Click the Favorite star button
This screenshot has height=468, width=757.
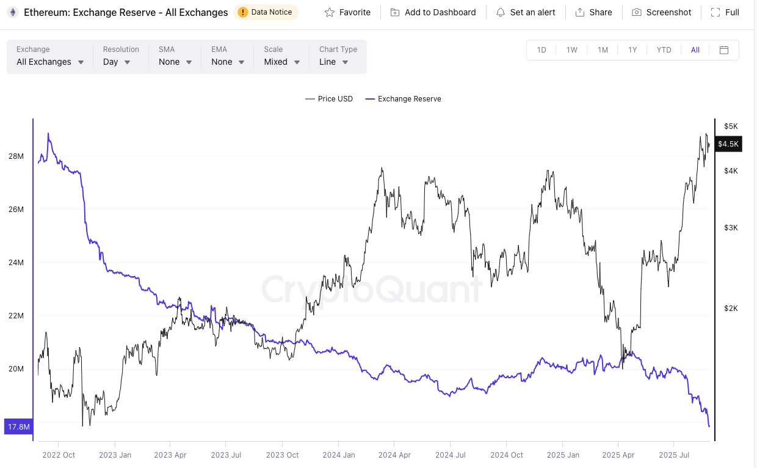click(347, 12)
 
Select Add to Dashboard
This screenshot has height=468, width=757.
click(433, 12)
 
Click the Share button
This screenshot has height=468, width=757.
click(593, 12)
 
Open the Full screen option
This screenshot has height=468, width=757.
click(725, 12)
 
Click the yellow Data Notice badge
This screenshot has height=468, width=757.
click(266, 12)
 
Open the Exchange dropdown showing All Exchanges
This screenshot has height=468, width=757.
click(50, 62)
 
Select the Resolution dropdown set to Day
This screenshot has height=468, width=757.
click(117, 62)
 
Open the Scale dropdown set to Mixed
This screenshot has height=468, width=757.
click(282, 62)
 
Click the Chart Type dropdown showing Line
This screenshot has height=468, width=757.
click(334, 62)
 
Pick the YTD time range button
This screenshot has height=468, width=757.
click(664, 50)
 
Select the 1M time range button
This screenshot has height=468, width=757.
click(603, 50)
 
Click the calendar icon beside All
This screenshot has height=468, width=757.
click(724, 50)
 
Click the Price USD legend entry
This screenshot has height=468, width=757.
click(329, 99)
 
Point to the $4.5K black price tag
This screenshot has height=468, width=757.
click(728, 144)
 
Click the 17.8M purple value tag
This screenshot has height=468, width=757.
click(18, 426)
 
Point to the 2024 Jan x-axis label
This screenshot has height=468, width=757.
click(339, 455)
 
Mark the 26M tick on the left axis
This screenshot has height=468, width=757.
click(16, 210)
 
